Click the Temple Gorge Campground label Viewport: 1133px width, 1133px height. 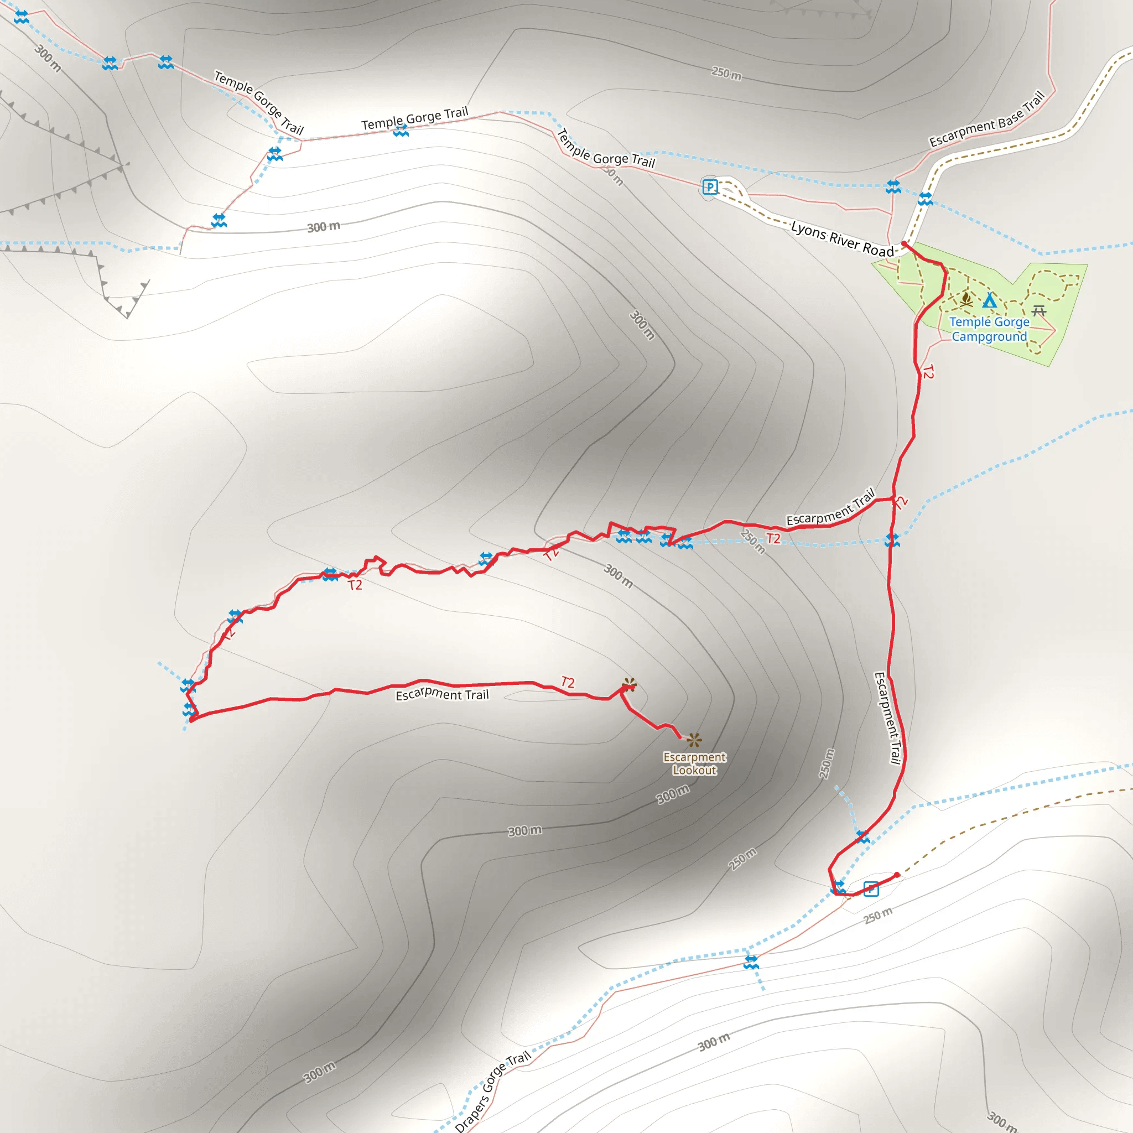point(989,329)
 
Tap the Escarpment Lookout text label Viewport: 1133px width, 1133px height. point(694,763)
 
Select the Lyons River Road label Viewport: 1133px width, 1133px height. point(841,238)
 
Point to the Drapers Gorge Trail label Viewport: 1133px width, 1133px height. point(492,1092)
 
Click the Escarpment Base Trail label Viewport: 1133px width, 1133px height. point(986,119)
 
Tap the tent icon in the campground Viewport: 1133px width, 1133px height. point(990,300)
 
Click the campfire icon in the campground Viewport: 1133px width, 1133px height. point(966,300)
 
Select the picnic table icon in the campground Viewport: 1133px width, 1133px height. point(1038,310)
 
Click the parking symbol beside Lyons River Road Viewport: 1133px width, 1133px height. point(710,187)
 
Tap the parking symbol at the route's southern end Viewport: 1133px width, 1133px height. point(871,889)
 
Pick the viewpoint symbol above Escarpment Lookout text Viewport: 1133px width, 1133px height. point(694,740)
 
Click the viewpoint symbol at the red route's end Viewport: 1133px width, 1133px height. point(630,684)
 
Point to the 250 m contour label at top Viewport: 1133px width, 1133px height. point(726,74)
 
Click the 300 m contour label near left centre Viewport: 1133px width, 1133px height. point(323,226)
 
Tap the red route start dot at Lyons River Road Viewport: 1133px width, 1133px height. point(904,243)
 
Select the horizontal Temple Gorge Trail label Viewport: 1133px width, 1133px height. point(414,118)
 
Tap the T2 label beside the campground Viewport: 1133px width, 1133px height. point(928,371)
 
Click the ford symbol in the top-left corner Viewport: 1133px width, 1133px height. point(21,17)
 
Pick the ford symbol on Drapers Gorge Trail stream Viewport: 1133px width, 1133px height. point(751,963)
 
